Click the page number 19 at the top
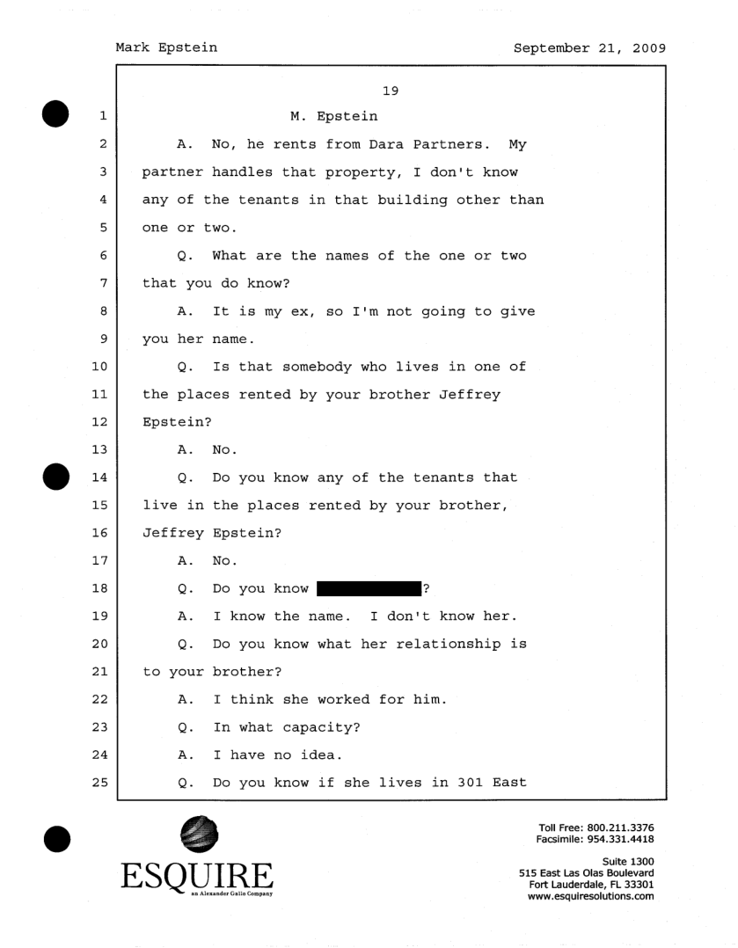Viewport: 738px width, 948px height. tap(392, 88)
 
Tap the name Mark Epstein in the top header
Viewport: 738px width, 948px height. tap(166, 48)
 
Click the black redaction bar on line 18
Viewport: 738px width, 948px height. tap(369, 588)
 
